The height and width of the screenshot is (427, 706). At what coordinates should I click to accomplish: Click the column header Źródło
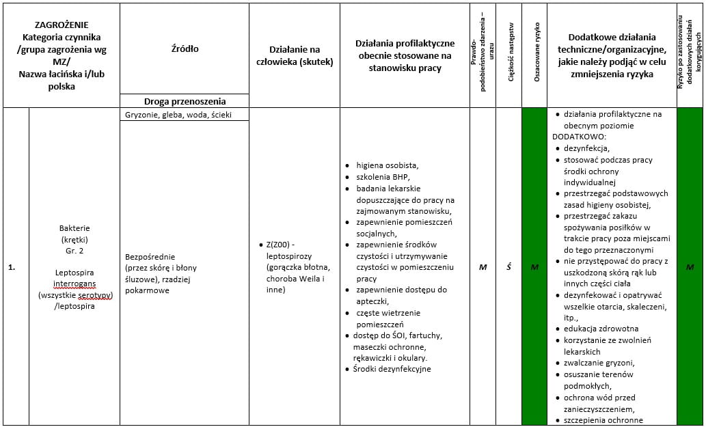coord(185,49)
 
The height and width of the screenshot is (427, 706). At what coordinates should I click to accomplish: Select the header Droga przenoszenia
coord(185,101)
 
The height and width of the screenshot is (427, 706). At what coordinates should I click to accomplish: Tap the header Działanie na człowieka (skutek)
coord(295,55)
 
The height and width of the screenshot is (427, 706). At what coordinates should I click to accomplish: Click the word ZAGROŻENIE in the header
coord(62,25)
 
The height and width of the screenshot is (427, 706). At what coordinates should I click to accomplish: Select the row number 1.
coord(12,267)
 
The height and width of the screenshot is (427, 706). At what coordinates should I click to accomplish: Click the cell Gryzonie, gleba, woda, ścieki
coord(178,115)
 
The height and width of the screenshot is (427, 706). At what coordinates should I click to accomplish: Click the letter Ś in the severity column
coord(509,267)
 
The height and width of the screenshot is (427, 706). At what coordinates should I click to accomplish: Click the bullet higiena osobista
coord(387,165)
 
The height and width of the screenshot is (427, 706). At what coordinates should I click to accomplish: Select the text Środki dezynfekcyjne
coord(392,369)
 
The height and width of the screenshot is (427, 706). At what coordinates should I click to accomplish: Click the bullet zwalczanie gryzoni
coord(599,363)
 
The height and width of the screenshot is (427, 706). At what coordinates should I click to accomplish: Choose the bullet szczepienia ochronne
coord(603,420)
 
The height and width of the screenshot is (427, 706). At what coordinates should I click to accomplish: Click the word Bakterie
coord(74,228)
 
